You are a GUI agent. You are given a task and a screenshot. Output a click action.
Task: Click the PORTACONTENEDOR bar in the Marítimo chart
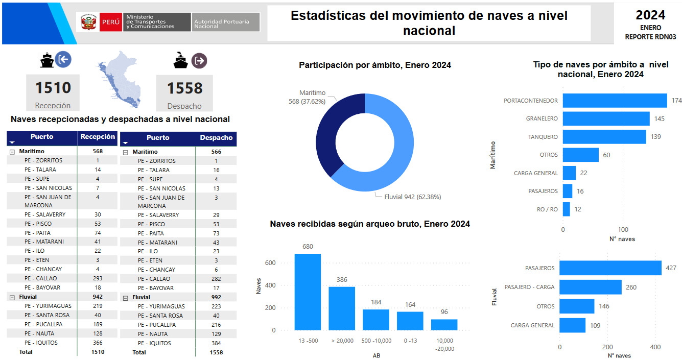tap(615, 101)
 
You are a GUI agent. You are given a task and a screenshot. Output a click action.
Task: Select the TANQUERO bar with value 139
tap(604, 137)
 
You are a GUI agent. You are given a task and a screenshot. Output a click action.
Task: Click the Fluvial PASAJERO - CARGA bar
tap(591, 287)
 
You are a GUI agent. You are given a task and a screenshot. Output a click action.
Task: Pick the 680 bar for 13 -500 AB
tap(308, 292)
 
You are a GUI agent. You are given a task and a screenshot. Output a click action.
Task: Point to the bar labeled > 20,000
tap(342, 308)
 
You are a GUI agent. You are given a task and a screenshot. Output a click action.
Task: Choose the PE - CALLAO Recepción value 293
tap(98, 278)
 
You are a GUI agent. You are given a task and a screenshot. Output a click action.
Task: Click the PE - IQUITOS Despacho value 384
tap(216, 343)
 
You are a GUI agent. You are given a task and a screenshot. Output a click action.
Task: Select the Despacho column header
tap(216, 137)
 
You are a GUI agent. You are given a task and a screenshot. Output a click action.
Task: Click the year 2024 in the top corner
tap(650, 15)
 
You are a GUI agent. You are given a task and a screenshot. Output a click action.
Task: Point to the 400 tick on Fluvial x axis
tap(655, 347)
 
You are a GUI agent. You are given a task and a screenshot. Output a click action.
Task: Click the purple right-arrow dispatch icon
tap(199, 61)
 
